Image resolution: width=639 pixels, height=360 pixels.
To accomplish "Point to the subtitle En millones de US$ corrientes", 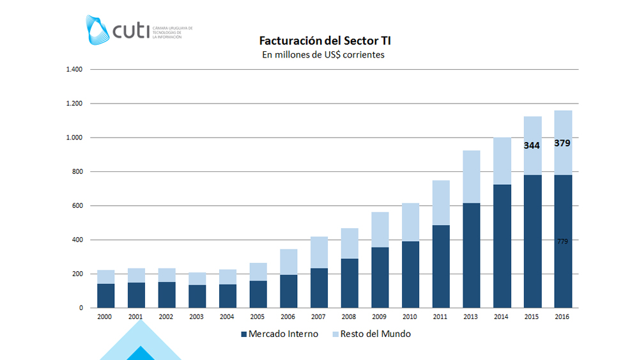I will [323, 55].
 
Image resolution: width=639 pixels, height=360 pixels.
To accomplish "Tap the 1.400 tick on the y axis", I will [74, 69].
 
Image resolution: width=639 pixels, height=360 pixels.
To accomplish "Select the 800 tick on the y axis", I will [77, 171].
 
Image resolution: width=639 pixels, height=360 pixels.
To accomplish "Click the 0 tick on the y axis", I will [81, 308].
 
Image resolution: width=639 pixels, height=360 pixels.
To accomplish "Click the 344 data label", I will [532, 145].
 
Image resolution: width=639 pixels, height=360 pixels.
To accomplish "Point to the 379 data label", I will [562, 143].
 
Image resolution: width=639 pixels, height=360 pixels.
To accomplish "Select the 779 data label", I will [562, 242].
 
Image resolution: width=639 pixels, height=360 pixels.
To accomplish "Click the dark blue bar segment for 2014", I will [502, 246].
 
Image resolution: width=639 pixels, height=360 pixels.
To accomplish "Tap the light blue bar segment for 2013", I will [471, 176].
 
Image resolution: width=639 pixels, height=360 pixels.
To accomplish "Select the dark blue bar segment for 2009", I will [380, 269].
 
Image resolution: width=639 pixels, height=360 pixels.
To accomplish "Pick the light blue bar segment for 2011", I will [441, 203].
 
